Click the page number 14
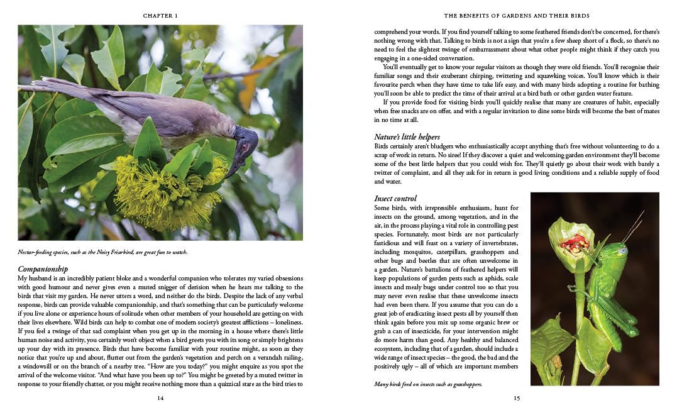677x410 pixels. (x=160, y=397)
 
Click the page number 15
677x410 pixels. (x=516, y=397)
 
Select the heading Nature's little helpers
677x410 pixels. (x=407, y=136)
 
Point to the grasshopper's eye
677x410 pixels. (x=622, y=251)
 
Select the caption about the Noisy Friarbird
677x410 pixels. (x=102, y=253)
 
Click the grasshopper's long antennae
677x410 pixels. (x=632, y=226)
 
